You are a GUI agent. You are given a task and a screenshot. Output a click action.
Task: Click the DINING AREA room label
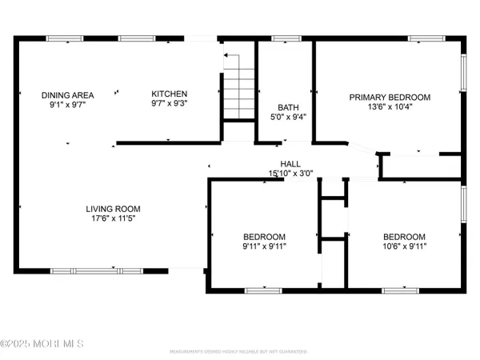coord(67,95)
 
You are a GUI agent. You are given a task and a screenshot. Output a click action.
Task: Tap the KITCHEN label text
coord(170,94)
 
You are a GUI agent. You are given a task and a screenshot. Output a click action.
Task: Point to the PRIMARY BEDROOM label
coord(390,98)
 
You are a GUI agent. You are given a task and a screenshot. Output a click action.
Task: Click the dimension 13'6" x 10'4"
coord(390,108)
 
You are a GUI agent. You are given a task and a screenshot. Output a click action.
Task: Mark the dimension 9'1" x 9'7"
coord(67,105)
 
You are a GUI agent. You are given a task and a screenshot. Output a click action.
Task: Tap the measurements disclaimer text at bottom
coord(240,352)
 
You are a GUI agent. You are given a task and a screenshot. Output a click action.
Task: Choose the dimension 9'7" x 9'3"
coord(170,104)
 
